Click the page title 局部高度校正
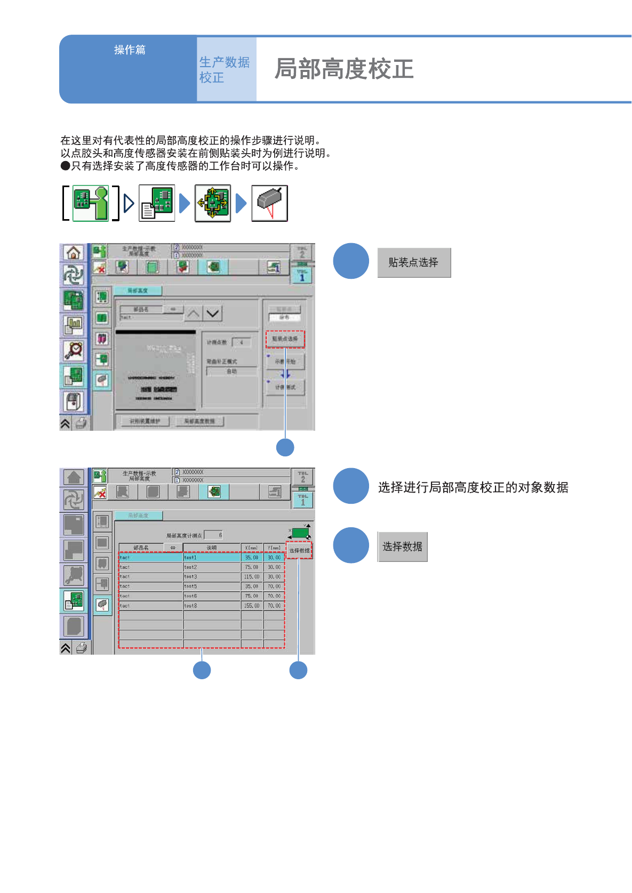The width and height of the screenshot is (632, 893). point(344,69)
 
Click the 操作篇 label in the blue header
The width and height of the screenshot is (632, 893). point(130,50)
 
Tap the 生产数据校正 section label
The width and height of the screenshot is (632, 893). point(225,70)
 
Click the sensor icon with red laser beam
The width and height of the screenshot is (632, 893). point(269,203)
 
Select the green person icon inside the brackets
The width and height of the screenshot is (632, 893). point(91,203)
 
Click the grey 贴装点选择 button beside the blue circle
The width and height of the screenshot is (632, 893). point(414,262)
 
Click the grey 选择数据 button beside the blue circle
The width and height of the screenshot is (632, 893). point(402,546)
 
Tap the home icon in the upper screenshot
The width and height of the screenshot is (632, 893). point(73,253)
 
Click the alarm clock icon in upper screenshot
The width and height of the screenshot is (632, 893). point(74,350)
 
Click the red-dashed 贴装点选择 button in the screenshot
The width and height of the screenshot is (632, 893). point(285,339)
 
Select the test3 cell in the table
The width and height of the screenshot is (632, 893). point(211,577)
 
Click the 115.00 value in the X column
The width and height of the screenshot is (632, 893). point(252,577)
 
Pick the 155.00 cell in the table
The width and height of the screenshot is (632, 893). point(252,606)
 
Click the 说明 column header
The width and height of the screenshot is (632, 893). point(211,548)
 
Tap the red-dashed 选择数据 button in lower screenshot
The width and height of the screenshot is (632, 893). point(299,550)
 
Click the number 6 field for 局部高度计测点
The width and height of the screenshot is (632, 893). point(213,535)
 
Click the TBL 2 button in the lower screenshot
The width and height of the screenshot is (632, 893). point(302,476)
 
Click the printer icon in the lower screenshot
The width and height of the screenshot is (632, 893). point(82,648)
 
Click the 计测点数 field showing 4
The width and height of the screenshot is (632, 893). point(241,342)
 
